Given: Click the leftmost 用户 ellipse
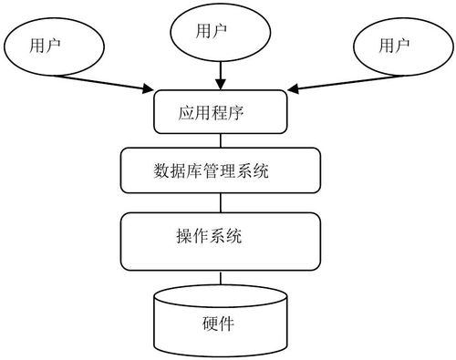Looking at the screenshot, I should (50, 46).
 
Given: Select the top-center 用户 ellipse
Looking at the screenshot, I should (218, 33).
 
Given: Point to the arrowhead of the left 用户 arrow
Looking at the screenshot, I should (148, 88).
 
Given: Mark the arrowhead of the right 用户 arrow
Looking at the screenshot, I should (295, 89).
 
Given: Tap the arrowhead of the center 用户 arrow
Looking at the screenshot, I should (219, 84).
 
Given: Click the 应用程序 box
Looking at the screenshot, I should (220, 113).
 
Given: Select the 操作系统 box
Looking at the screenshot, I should (220, 239).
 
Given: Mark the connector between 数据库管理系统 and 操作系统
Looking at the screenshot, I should (220, 203).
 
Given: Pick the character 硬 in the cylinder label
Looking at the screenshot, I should (210, 324).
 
